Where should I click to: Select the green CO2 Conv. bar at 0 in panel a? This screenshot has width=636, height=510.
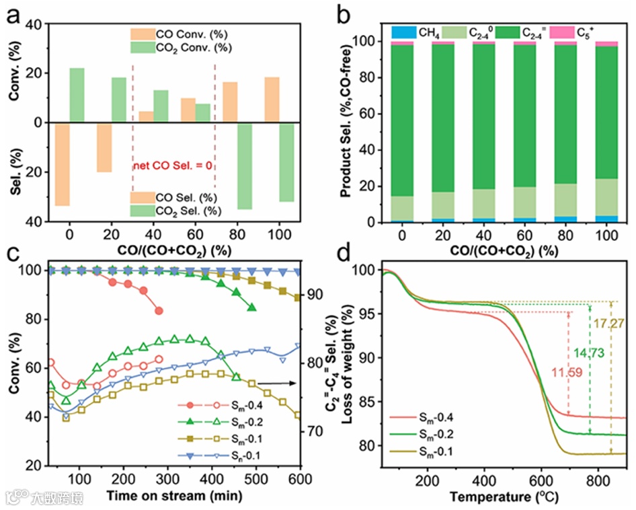click(77, 95)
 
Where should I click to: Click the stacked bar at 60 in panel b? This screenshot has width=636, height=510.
click(524, 131)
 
